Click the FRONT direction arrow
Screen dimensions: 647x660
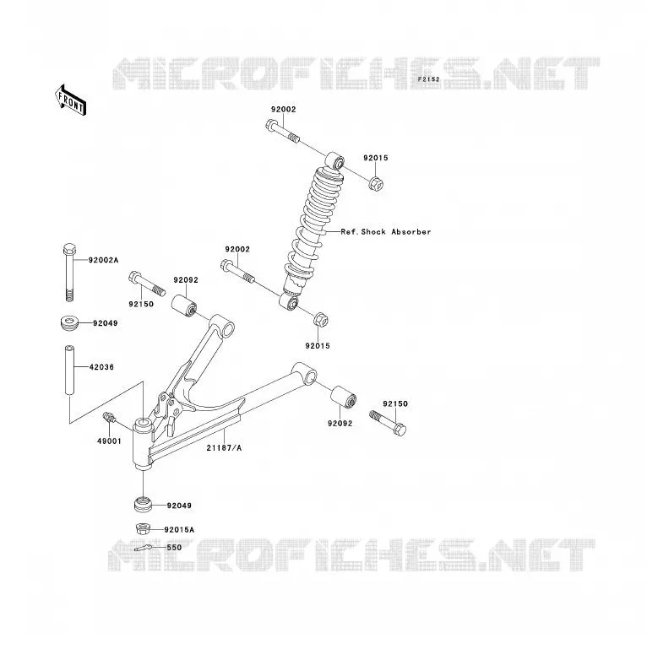tap(71, 100)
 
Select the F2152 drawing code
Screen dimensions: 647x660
tap(428, 79)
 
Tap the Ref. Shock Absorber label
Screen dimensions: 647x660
tap(386, 231)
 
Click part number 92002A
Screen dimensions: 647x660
tap(103, 260)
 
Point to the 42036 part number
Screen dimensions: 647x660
tap(101, 367)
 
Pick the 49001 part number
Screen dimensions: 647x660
tap(109, 441)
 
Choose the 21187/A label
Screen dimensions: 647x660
tap(224, 448)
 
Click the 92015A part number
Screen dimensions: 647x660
tap(179, 529)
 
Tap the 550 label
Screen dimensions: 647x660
tap(174, 548)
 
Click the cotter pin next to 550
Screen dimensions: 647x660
tap(143, 548)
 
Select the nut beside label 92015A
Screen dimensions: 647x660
tap(144, 528)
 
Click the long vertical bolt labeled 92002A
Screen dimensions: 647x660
tap(69, 273)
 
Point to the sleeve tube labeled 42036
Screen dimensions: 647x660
tap(69, 370)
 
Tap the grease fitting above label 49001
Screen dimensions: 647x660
tap(109, 418)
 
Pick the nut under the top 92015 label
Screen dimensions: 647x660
tap(376, 183)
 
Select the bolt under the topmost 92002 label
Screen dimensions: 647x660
tap(283, 132)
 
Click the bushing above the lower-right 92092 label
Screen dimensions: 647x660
tap(343, 397)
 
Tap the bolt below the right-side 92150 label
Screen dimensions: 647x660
tap(388, 423)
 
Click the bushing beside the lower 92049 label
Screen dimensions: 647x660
tap(144, 505)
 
